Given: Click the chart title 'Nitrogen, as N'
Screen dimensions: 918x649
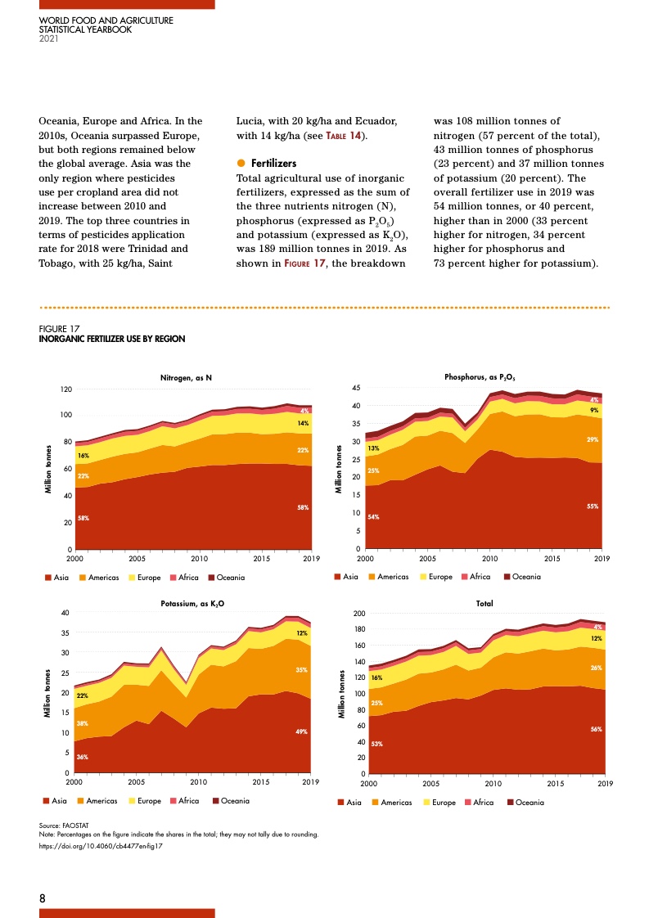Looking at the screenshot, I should (x=186, y=378).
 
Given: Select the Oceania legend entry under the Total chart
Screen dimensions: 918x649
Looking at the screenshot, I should (x=525, y=802).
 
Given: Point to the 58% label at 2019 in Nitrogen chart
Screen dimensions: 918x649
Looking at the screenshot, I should (x=302, y=508).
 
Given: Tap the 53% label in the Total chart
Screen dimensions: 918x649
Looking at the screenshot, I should (x=376, y=744).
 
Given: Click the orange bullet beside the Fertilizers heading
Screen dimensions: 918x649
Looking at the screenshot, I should (x=241, y=164).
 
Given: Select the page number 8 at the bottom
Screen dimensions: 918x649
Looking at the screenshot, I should (x=43, y=898).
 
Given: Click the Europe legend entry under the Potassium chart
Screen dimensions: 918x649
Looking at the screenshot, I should (x=151, y=800).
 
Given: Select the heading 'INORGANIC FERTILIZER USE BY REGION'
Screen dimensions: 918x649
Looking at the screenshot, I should (x=112, y=339).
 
